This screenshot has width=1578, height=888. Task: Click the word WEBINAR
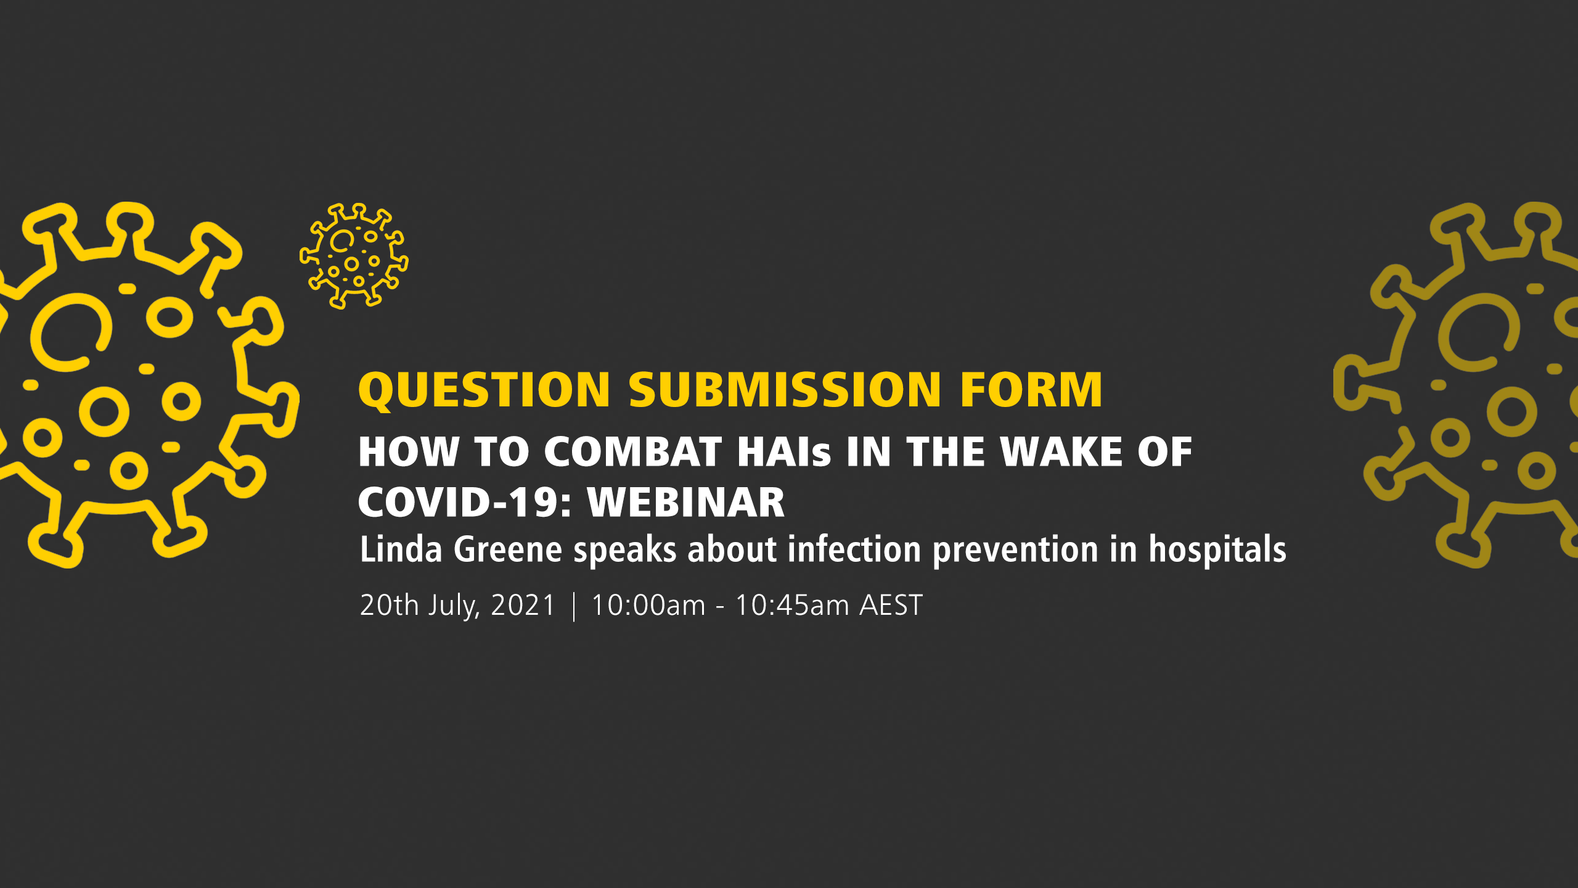(686, 502)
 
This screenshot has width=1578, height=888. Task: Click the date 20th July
(420, 606)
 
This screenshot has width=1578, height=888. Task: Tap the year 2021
(523, 605)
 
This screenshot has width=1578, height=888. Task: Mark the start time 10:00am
(648, 605)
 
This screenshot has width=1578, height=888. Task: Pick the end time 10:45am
(792, 605)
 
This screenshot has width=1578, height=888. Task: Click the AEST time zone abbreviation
(891, 605)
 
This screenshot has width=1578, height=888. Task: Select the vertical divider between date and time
(574, 606)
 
